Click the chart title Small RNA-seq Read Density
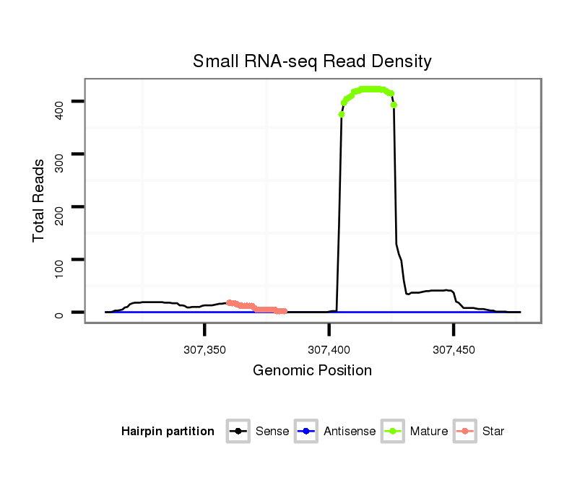(x=312, y=61)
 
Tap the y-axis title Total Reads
(x=39, y=200)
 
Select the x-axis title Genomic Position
(x=312, y=371)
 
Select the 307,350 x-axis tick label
(x=205, y=350)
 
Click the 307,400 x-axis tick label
(x=329, y=350)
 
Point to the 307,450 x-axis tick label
(x=454, y=350)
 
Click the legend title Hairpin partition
(x=168, y=432)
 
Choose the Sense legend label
(x=272, y=432)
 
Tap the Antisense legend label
(x=350, y=432)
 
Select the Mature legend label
(x=429, y=432)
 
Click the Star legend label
(x=494, y=432)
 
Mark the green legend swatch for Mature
(x=394, y=432)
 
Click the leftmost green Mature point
(x=342, y=114)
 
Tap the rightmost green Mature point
(x=394, y=105)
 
